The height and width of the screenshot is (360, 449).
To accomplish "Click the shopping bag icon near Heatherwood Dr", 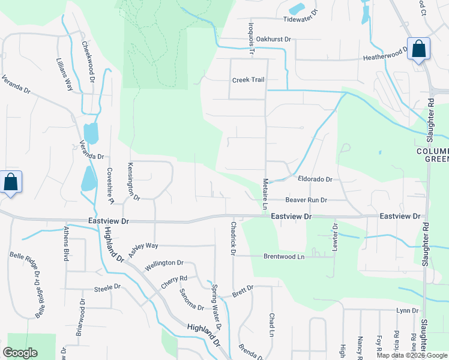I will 418,50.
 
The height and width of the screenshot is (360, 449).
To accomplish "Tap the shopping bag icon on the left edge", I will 11,183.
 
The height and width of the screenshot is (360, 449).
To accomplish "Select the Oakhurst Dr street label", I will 273,40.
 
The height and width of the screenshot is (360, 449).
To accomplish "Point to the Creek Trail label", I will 249,80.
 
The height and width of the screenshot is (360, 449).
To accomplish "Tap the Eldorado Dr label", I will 315,179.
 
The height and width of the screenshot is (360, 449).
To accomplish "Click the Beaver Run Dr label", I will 306,200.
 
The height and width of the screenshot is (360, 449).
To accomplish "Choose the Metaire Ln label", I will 265,194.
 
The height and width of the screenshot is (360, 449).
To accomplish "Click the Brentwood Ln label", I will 284,256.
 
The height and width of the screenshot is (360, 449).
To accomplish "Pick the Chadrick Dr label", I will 233,238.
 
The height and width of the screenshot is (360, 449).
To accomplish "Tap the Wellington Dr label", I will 163,263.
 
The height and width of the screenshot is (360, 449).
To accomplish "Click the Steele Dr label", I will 108,289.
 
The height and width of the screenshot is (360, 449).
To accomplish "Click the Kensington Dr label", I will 133,181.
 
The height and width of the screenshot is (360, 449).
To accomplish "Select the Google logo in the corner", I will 20,353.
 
